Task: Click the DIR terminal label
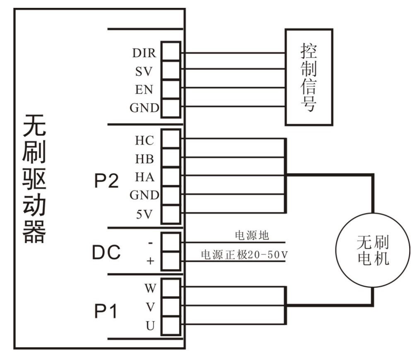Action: (x=144, y=53)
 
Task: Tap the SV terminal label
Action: (x=144, y=71)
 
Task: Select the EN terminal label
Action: (x=144, y=89)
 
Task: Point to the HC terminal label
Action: (x=144, y=140)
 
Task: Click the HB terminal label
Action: (x=144, y=159)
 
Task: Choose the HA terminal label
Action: (x=144, y=177)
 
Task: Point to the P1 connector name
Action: (x=106, y=312)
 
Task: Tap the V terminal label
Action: (x=150, y=307)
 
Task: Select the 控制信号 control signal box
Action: (x=308, y=77)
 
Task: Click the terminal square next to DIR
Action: (x=170, y=52)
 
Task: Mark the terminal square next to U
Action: (x=170, y=325)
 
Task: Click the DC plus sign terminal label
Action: (x=150, y=261)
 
